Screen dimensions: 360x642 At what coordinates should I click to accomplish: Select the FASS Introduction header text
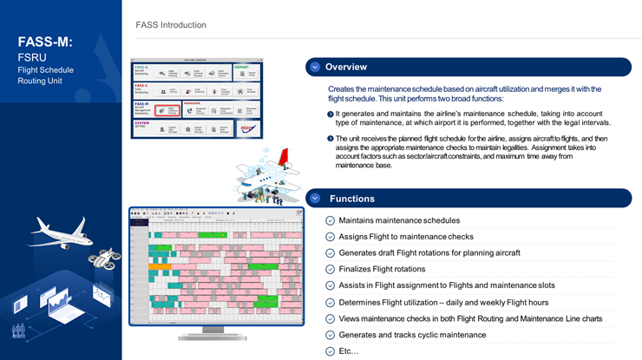point(171,25)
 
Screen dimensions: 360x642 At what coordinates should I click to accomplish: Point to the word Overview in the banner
point(346,67)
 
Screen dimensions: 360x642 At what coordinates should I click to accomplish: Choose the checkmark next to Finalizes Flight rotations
point(330,269)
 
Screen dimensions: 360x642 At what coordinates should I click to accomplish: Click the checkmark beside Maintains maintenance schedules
point(330,220)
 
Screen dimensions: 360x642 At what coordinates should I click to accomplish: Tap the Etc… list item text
point(348,350)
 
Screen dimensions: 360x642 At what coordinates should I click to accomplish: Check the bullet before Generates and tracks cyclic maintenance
point(330,335)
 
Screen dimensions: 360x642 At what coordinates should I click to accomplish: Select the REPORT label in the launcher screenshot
point(241,67)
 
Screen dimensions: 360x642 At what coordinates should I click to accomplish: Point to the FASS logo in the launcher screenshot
point(246,128)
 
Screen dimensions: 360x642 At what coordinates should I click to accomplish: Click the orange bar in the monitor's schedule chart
point(159,265)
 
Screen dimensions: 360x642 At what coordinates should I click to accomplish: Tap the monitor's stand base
point(215,336)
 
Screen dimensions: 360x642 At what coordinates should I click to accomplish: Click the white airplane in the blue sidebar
point(60,232)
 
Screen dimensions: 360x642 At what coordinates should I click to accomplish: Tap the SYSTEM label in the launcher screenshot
point(142,122)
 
